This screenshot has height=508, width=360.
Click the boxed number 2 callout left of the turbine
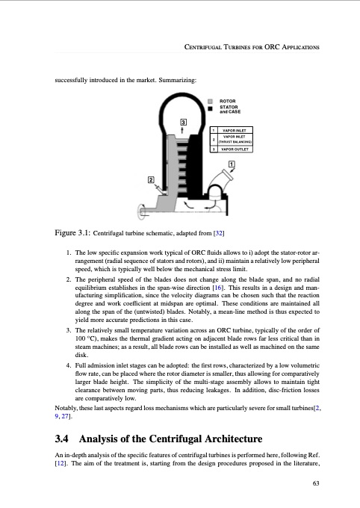pos(151,180)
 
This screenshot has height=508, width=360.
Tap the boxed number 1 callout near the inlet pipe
pos(232,164)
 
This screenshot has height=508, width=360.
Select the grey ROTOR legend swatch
pos(211,100)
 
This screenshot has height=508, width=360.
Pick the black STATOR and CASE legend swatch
pos(211,108)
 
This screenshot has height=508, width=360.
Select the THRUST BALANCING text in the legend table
pos(238,142)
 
